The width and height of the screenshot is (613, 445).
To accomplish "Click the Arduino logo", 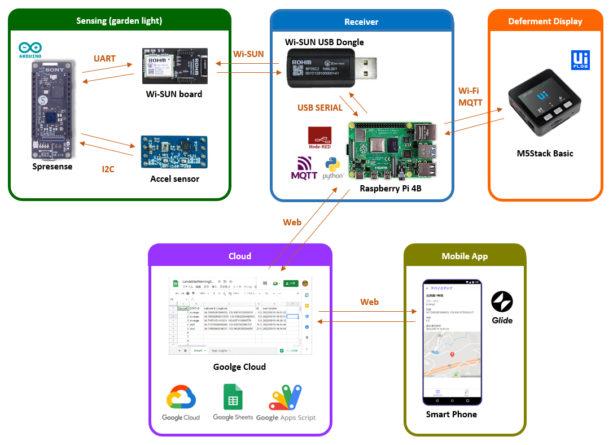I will tap(30, 50).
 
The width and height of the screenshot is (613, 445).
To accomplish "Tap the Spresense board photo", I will tap(52, 108).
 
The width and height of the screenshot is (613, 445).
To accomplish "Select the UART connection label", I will tap(104, 58).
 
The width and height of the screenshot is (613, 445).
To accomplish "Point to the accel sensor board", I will tap(174, 151).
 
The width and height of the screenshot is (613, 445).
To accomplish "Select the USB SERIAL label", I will tap(319, 107).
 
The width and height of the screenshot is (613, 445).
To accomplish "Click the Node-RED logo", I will tap(319, 138).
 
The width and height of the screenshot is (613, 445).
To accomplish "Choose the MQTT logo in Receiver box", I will tap(304, 168).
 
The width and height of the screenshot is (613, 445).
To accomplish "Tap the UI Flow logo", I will tap(580, 60).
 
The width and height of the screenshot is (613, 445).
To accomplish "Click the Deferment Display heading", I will tap(545, 21).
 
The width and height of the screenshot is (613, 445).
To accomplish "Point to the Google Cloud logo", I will tap(181, 402).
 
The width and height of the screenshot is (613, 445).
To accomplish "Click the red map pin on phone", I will tap(452, 355).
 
